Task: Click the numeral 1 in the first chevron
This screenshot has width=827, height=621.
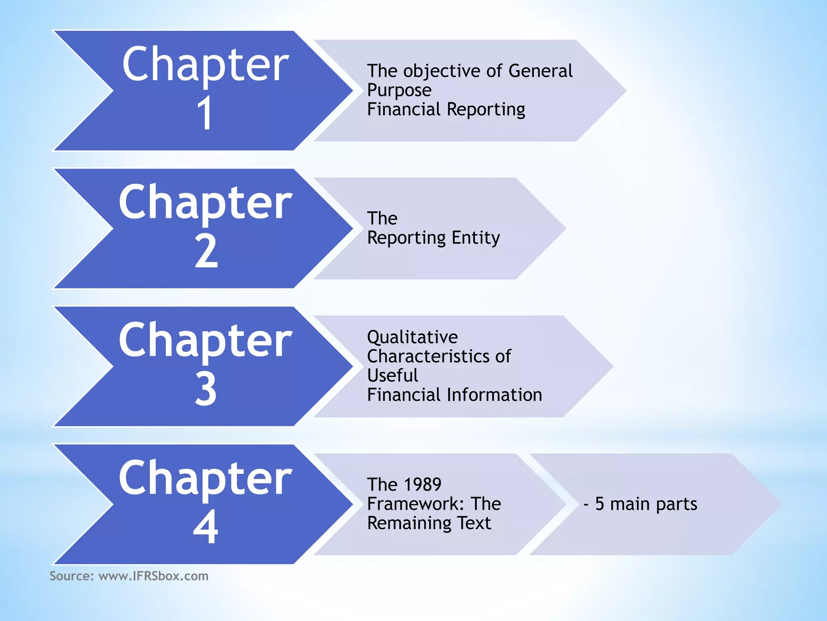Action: [x=205, y=113]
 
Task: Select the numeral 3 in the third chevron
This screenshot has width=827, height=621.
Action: [x=206, y=389]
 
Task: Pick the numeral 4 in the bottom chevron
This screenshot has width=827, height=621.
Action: [x=206, y=527]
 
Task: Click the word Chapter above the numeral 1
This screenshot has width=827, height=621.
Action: [x=205, y=65]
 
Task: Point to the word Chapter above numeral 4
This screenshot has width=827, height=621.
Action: [x=205, y=479]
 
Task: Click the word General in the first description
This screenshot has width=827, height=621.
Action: [x=540, y=71]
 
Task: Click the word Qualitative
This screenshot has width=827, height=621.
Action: [x=412, y=337]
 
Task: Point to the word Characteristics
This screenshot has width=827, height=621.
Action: [x=428, y=357]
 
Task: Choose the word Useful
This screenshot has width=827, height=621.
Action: [x=393, y=376]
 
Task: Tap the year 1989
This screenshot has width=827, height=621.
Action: [x=422, y=485]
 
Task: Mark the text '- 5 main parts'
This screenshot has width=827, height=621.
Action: [x=640, y=504]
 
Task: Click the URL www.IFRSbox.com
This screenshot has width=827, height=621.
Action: [x=153, y=576]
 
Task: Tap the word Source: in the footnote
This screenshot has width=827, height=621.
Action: [x=71, y=576]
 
